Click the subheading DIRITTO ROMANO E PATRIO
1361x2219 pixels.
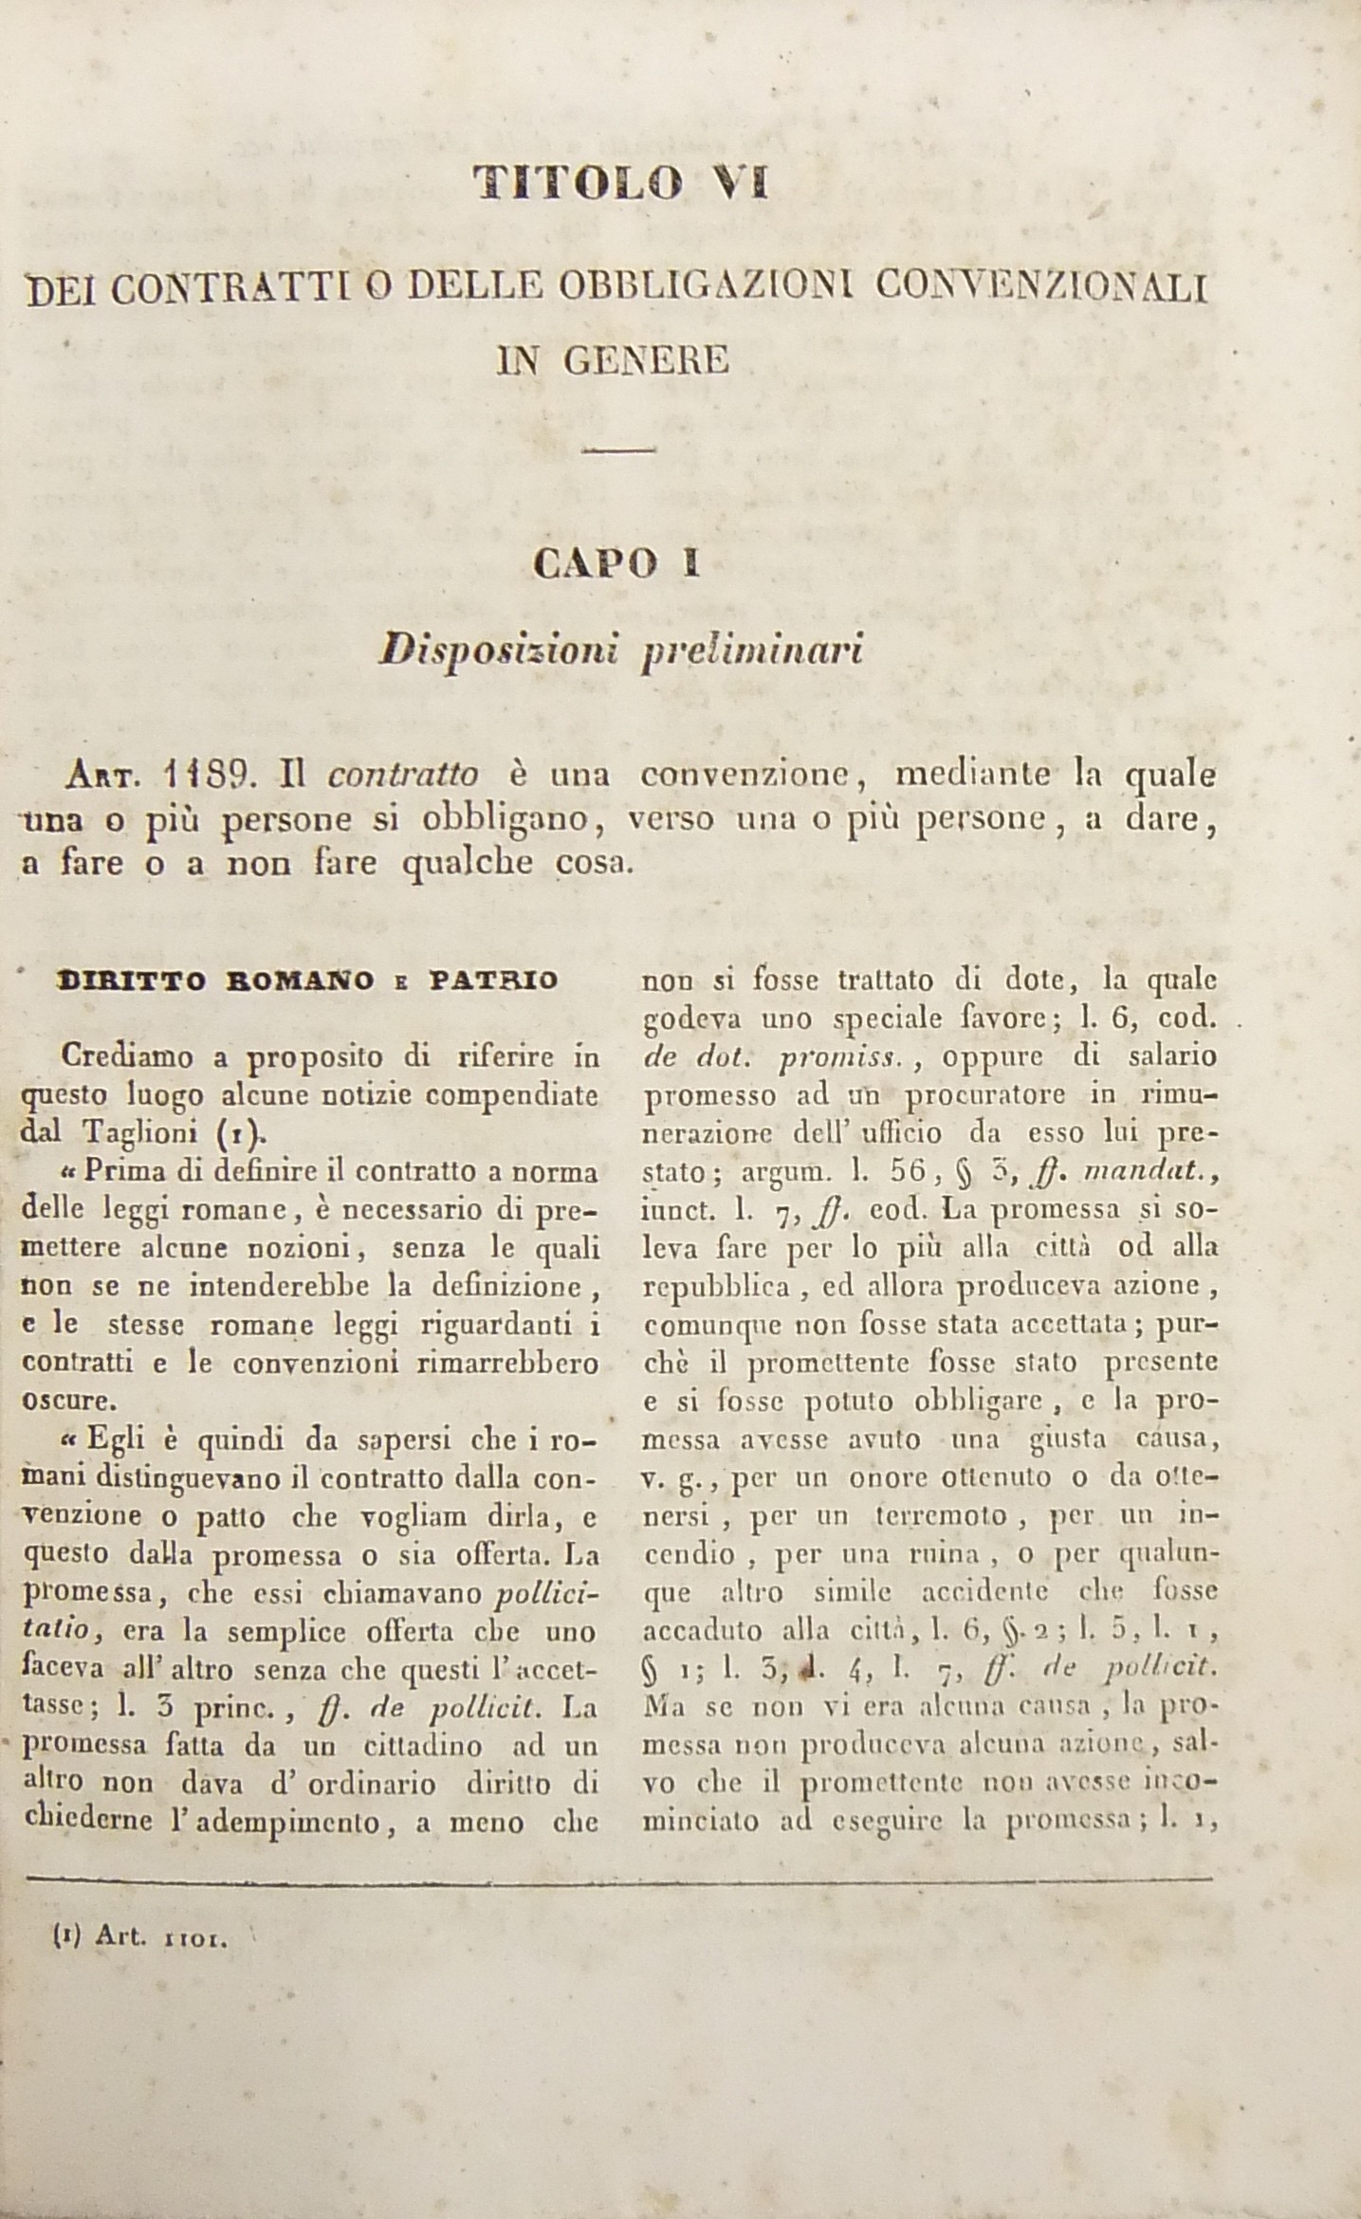pos(308,981)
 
